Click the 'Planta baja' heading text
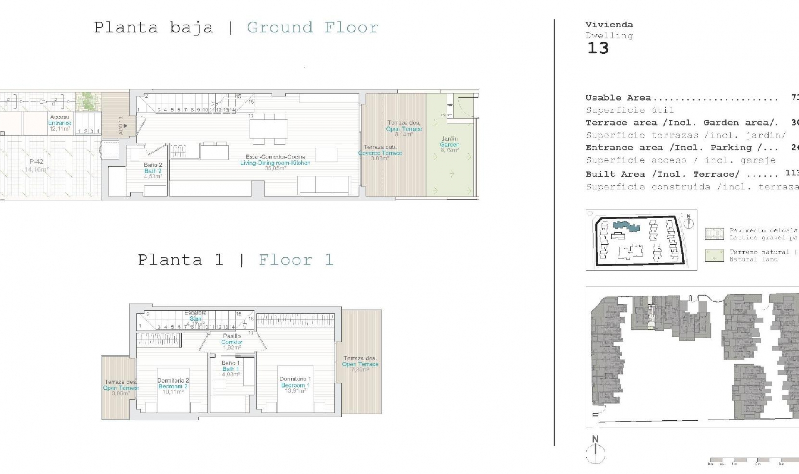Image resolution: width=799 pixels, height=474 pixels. (153, 28)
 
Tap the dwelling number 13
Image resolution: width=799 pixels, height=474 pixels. (598, 48)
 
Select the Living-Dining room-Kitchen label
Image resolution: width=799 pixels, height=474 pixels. (275, 163)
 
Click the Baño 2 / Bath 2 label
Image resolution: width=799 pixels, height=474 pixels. (153, 170)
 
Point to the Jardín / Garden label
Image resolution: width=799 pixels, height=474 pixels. (449, 144)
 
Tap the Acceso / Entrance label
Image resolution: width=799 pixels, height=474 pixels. (60, 123)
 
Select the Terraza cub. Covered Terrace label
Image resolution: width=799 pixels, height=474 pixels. (380, 153)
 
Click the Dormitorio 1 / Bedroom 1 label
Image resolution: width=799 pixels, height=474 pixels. (295, 385)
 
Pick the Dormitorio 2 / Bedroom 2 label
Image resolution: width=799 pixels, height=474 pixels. (173, 386)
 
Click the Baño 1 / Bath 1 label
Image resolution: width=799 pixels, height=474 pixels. (231, 368)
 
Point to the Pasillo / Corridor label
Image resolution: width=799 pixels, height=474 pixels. (232, 341)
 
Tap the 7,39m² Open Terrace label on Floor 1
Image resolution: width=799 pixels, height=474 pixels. (360, 364)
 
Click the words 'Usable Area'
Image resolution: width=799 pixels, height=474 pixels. (618, 98)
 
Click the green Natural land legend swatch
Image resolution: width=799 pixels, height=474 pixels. (714, 255)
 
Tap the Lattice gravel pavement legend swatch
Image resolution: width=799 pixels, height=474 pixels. (714, 234)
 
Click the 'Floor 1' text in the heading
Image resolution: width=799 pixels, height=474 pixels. (296, 260)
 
